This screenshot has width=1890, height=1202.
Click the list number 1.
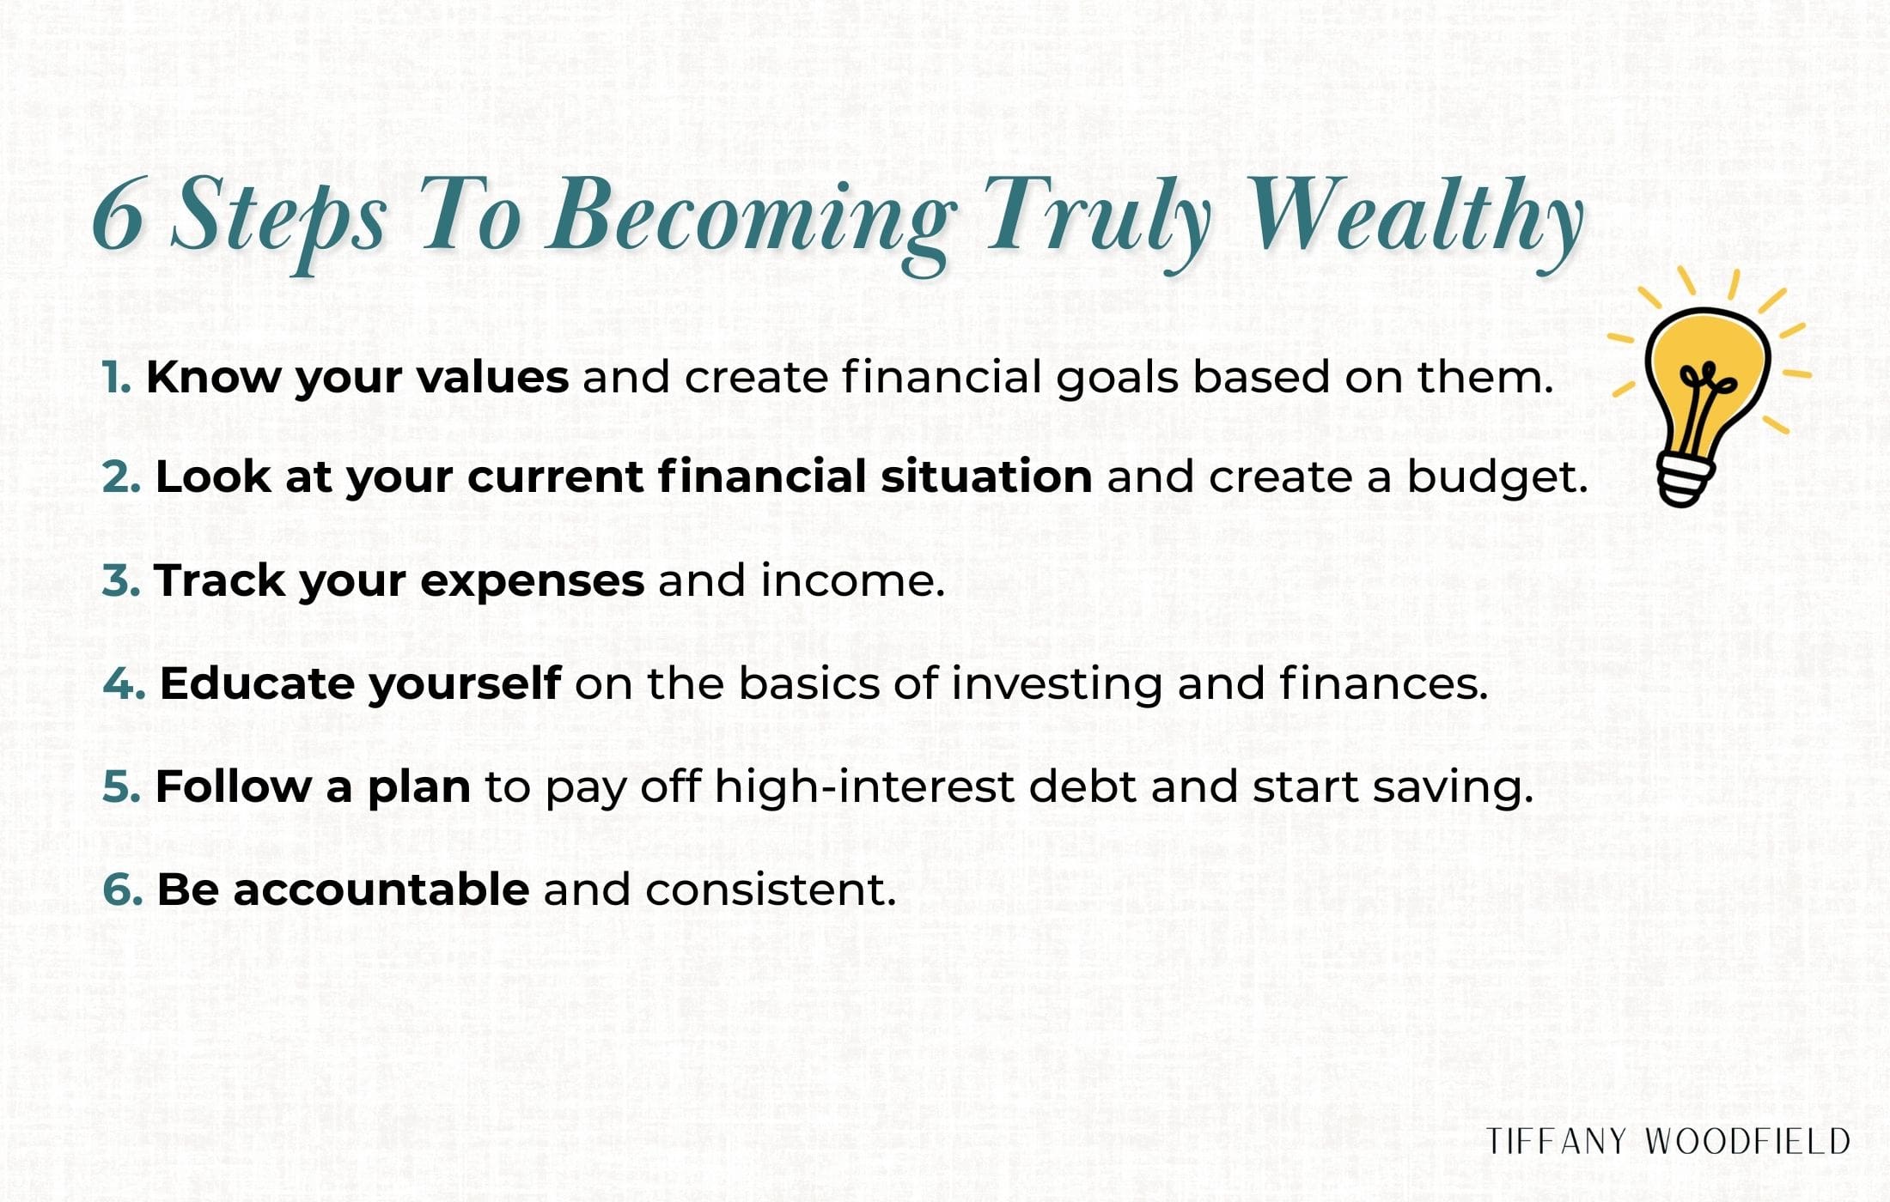[116, 377]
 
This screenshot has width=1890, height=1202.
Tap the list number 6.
[122, 889]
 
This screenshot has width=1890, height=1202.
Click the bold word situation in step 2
[985, 477]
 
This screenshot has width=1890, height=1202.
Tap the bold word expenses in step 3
[532, 582]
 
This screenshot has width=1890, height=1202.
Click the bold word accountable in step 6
[381, 889]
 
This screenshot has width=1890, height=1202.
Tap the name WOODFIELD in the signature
[1747, 1142]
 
